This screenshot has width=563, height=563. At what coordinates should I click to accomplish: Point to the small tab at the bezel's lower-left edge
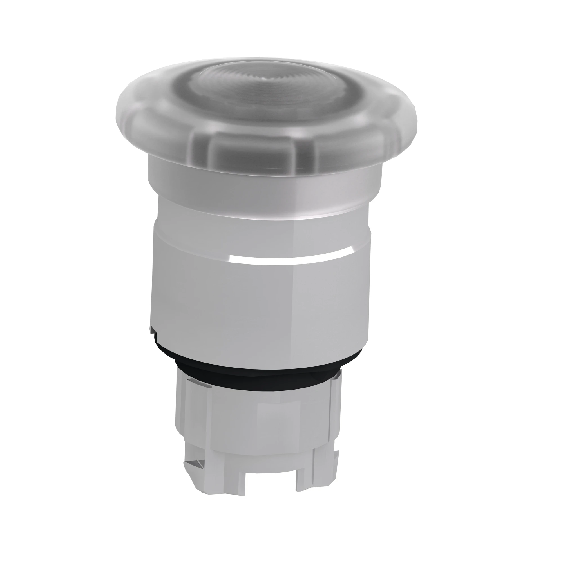click(x=152, y=330)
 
